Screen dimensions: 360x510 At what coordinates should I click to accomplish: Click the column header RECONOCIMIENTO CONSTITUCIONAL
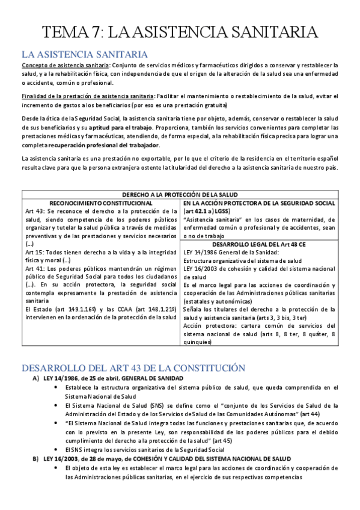coord(100,203)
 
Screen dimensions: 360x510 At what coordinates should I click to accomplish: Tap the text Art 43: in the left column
coord(34,212)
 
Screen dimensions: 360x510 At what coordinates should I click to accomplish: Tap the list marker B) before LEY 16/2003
coord(35,459)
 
